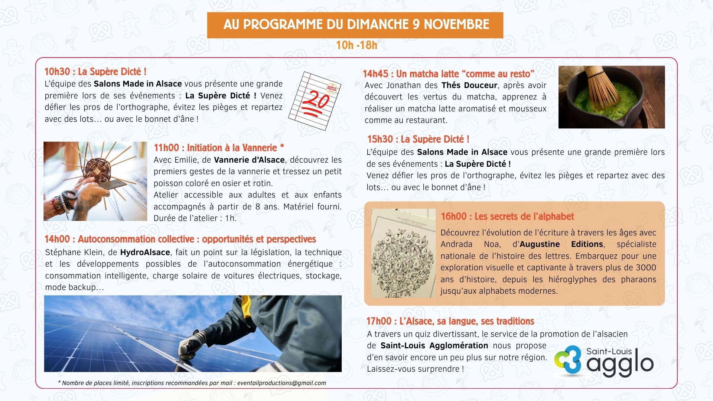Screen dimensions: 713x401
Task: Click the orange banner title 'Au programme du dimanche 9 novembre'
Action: point(356,25)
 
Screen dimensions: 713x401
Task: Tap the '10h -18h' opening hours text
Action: point(356,45)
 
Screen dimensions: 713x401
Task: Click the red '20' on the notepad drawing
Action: point(316,99)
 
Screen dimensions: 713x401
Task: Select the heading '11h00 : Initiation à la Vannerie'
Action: point(219,148)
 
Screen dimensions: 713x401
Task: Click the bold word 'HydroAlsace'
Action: point(145,252)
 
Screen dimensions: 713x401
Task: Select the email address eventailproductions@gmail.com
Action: point(281,383)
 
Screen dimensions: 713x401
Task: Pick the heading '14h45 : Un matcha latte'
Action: point(448,74)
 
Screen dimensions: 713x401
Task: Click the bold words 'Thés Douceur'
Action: point(469,85)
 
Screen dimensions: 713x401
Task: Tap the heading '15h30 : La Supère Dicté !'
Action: point(418,139)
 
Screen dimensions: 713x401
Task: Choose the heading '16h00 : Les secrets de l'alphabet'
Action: point(507,216)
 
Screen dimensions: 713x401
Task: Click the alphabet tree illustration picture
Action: point(404,253)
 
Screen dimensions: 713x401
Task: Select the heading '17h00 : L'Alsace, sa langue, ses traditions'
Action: point(450,321)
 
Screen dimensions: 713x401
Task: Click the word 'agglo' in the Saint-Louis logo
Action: point(620,364)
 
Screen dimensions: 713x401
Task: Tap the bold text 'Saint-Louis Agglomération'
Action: point(434,346)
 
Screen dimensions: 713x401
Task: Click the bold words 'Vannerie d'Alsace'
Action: point(249,160)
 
